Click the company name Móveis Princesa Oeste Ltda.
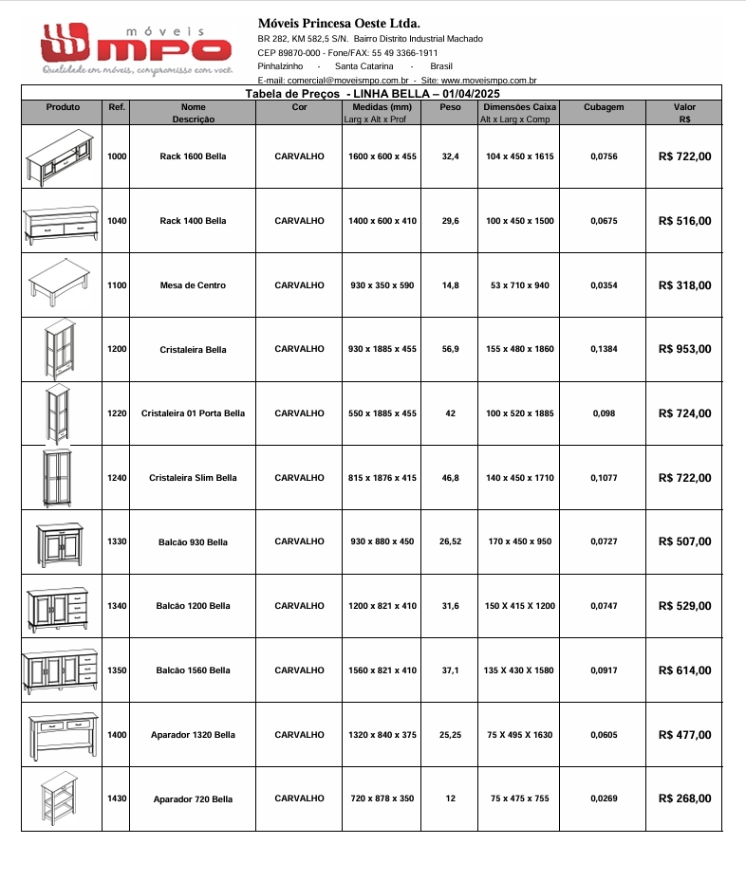click(x=339, y=23)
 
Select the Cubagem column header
click(x=604, y=107)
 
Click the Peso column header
click(x=450, y=107)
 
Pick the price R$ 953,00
click(x=684, y=349)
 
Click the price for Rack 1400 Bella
click(x=684, y=221)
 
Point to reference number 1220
click(x=117, y=413)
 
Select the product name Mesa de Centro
click(x=193, y=285)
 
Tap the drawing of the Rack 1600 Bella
click(x=61, y=157)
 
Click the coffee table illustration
click(x=60, y=282)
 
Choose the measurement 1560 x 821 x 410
click(x=382, y=670)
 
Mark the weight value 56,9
click(x=450, y=349)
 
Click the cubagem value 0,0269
click(x=604, y=798)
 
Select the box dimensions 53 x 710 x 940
click(x=519, y=285)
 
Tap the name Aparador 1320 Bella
click(x=193, y=735)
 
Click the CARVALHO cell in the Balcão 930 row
click(x=299, y=541)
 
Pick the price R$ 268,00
click(x=684, y=798)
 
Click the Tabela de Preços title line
click(x=372, y=94)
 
